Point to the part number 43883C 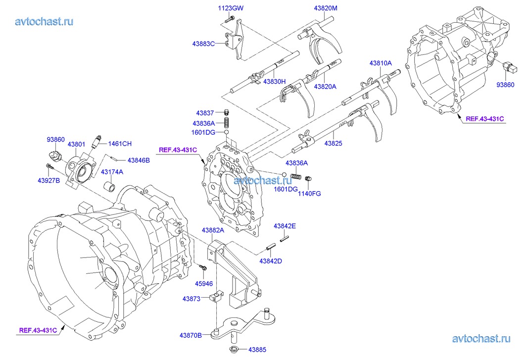pos(204,44)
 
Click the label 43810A pos(380,63)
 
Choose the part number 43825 pos(333,144)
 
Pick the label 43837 pos(205,113)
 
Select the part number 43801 pos(77,145)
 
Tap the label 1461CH pos(120,144)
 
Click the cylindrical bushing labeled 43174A pos(110,188)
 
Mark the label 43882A pos(213,230)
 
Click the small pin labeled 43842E pos(284,239)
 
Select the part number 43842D pos(270,261)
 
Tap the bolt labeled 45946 pos(203,267)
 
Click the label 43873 pos(191,299)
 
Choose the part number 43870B pos(191,336)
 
